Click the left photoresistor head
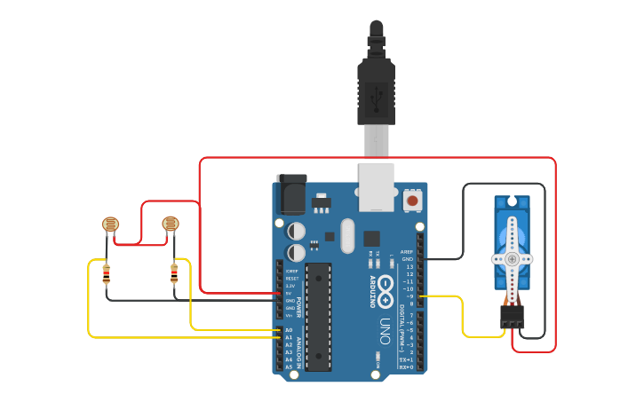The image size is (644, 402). tap(110, 224)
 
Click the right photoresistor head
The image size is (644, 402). tap(171, 224)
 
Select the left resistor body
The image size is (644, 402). tap(107, 274)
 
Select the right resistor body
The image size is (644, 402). tap(174, 274)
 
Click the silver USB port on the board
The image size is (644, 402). tap(376, 187)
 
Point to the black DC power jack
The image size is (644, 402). tap(291, 193)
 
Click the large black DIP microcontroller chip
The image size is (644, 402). tap(318, 315)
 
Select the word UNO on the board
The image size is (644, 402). tap(386, 326)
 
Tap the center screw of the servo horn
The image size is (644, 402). tap(512, 257)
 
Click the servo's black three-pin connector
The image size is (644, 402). tap(512, 317)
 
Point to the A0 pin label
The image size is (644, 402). tap(290, 330)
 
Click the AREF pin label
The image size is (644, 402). tap(407, 252)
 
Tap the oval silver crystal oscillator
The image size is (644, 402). tap(346, 236)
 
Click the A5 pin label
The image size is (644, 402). tap(290, 367)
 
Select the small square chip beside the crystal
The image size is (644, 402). tap(371, 238)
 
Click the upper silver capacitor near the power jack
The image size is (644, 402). tap(297, 231)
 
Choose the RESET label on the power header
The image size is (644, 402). tap(291, 279)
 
